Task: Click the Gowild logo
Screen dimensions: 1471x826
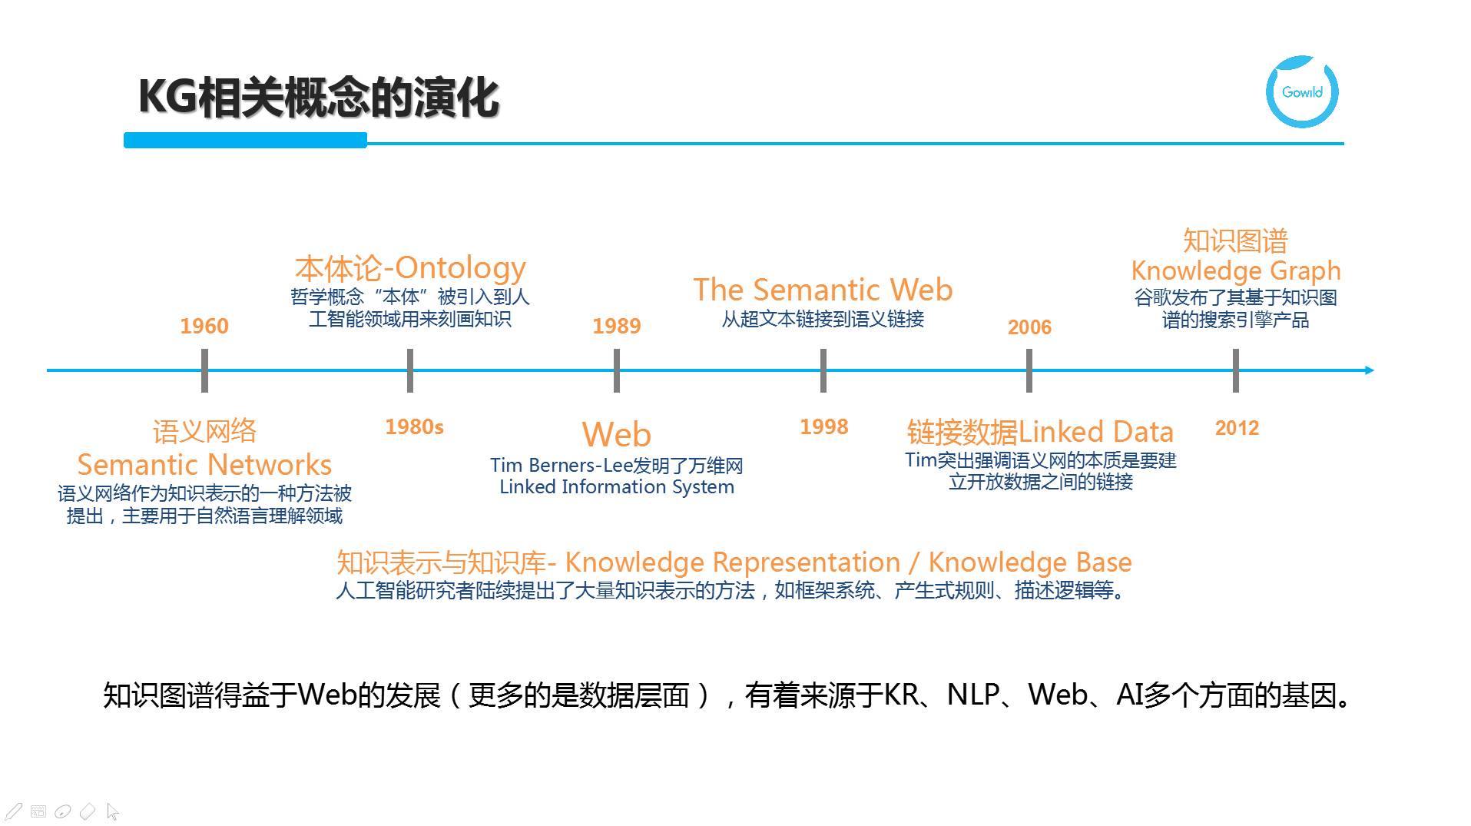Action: pos(1302,91)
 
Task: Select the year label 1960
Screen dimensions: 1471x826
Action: pos(204,326)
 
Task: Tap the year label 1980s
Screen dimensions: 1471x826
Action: pos(414,426)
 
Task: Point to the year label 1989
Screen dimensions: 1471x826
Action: pos(616,326)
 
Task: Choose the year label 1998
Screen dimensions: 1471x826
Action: pos(823,426)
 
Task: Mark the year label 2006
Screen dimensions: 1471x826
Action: pos(1029,327)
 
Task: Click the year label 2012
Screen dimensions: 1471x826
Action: pos(1237,428)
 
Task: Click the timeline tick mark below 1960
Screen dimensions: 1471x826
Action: pos(204,370)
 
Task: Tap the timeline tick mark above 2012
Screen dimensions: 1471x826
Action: pos(1235,370)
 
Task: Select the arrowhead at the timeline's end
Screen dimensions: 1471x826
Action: pos(1369,370)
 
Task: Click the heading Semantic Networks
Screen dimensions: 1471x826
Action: pos(204,465)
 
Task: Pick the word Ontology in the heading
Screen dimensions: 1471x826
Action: pos(460,268)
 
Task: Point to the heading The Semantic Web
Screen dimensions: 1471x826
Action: pos(823,290)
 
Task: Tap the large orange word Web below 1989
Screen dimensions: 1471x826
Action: pos(616,434)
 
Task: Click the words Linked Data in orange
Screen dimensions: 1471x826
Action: pos(1096,432)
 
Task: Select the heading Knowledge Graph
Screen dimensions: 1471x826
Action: pos(1235,270)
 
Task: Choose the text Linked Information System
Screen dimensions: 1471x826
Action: pos(616,487)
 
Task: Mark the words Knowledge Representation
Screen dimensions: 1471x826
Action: pos(732,562)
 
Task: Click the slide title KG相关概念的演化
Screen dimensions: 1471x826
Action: pos(319,98)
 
